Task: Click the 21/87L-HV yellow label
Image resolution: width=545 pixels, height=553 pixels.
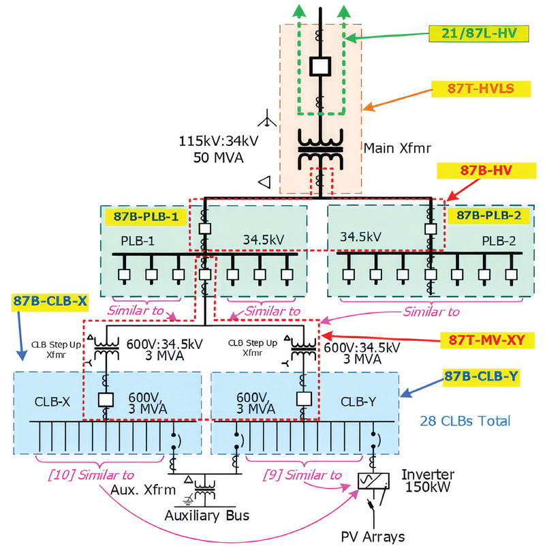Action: [x=478, y=33]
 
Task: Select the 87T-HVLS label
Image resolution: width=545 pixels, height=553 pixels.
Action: [x=481, y=89]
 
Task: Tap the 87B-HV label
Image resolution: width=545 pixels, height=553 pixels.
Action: [x=486, y=170]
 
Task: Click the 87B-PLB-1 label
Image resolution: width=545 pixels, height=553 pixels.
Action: [x=146, y=216]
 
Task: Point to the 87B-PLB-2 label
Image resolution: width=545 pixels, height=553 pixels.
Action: [x=488, y=215]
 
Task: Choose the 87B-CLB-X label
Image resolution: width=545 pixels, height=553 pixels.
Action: [x=50, y=301]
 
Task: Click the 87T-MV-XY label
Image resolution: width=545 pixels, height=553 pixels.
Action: [x=487, y=340]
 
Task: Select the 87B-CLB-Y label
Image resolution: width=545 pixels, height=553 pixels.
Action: [x=481, y=376]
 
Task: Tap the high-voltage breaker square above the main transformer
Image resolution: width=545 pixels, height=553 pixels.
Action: [x=320, y=66]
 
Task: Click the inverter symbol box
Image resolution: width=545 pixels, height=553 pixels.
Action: [x=373, y=481]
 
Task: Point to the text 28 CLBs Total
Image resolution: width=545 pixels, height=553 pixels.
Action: [x=465, y=421]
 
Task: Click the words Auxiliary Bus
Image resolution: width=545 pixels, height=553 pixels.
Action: [x=207, y=515]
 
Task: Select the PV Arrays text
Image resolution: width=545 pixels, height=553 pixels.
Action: [x=373, y=537]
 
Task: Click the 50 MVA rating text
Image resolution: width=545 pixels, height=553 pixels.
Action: [x=219, y=158]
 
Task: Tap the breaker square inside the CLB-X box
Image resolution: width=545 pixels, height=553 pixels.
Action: [x=106, y=400]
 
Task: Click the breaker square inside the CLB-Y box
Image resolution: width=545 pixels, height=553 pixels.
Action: [x=304, y=399]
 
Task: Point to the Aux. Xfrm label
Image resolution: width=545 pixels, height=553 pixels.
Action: [x=142, y=490]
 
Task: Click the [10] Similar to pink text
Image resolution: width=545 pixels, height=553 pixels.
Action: [x=91, y=475]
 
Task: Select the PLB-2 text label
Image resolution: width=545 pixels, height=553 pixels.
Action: [x=499, y=241]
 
